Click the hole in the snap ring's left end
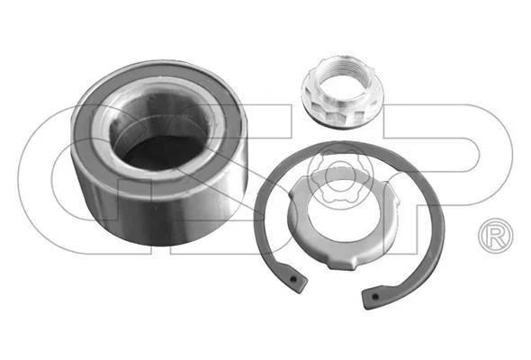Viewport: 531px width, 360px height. [x=293, y=279]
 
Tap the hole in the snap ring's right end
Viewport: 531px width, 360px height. [x=374, y=297]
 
